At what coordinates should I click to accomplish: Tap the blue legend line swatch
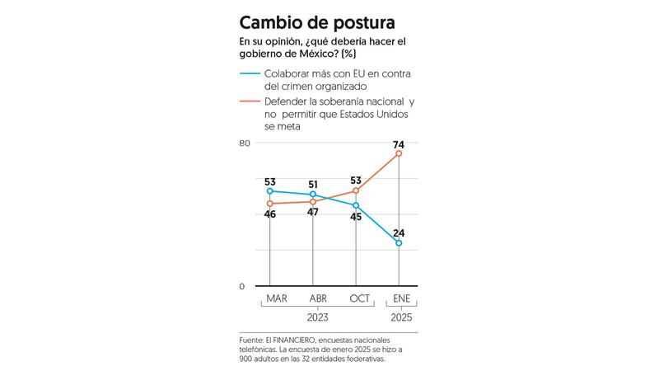(x=250, y=74)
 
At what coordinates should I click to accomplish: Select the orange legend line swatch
(x=250, y=101)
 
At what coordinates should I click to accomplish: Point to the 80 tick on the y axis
(x=245, y=143)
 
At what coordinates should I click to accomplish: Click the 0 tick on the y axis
(x=242, y=286)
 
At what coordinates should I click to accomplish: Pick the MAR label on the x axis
(x=276, y=298)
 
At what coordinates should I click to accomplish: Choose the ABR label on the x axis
(x=318, y=298)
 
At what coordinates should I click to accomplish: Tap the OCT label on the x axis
(x=360, y=298)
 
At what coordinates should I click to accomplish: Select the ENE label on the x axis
(x=402, y=298)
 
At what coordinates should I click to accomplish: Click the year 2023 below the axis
(x=318, y=317)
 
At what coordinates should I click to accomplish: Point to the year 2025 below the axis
(x=402, y=317)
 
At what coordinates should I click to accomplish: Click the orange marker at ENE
(x=399, y=153)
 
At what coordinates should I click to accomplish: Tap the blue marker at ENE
(x=399, y=243)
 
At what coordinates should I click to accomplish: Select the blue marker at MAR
(x=270, y=191)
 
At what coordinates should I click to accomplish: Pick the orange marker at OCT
(x=356, y=190)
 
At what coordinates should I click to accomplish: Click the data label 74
(x=399, y=139)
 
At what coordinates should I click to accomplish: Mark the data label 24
(x=399, y=232)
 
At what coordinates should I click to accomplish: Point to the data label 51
(x=313, y=184)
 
